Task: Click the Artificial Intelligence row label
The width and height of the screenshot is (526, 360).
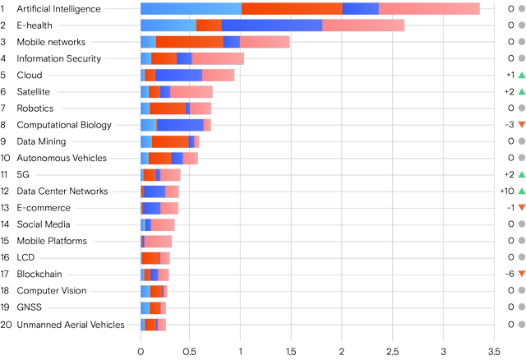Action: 58,9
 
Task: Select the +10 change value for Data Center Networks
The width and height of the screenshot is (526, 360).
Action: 506,192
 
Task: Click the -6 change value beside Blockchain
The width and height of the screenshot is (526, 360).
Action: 509,275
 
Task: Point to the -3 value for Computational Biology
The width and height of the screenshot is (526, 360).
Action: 509,125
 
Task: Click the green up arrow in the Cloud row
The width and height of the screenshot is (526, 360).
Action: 520,75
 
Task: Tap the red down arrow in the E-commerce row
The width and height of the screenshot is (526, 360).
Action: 520,208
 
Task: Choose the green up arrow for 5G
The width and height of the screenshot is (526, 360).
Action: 520,174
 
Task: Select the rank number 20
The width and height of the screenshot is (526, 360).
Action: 6,325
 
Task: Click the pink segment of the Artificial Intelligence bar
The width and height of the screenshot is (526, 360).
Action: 429,9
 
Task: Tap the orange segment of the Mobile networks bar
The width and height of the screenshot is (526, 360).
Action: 189,42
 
